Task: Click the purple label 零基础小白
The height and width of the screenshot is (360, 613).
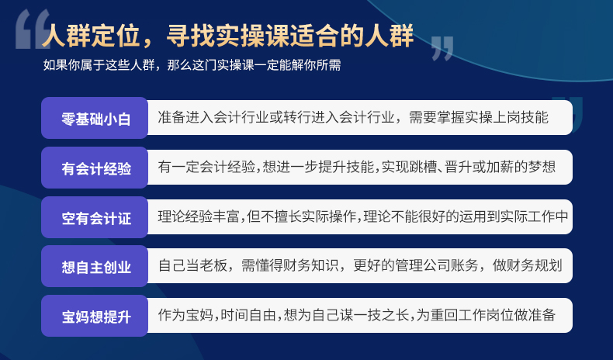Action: (95, 118)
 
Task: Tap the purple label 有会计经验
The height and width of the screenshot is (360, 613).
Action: (95, 168)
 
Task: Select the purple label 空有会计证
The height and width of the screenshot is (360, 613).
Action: (95, 217)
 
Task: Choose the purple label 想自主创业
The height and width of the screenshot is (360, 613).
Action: (95, 266)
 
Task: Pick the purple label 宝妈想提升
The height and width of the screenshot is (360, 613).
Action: (95, 316)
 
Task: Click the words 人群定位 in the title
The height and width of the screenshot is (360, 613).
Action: (91, 36)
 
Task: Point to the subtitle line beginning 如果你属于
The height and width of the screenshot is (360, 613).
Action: (192, 65)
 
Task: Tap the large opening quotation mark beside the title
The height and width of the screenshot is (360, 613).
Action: (33, 29)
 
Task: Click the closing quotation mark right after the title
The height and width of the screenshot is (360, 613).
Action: (442, 48)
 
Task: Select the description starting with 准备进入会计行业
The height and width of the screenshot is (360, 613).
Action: (353, 117)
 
